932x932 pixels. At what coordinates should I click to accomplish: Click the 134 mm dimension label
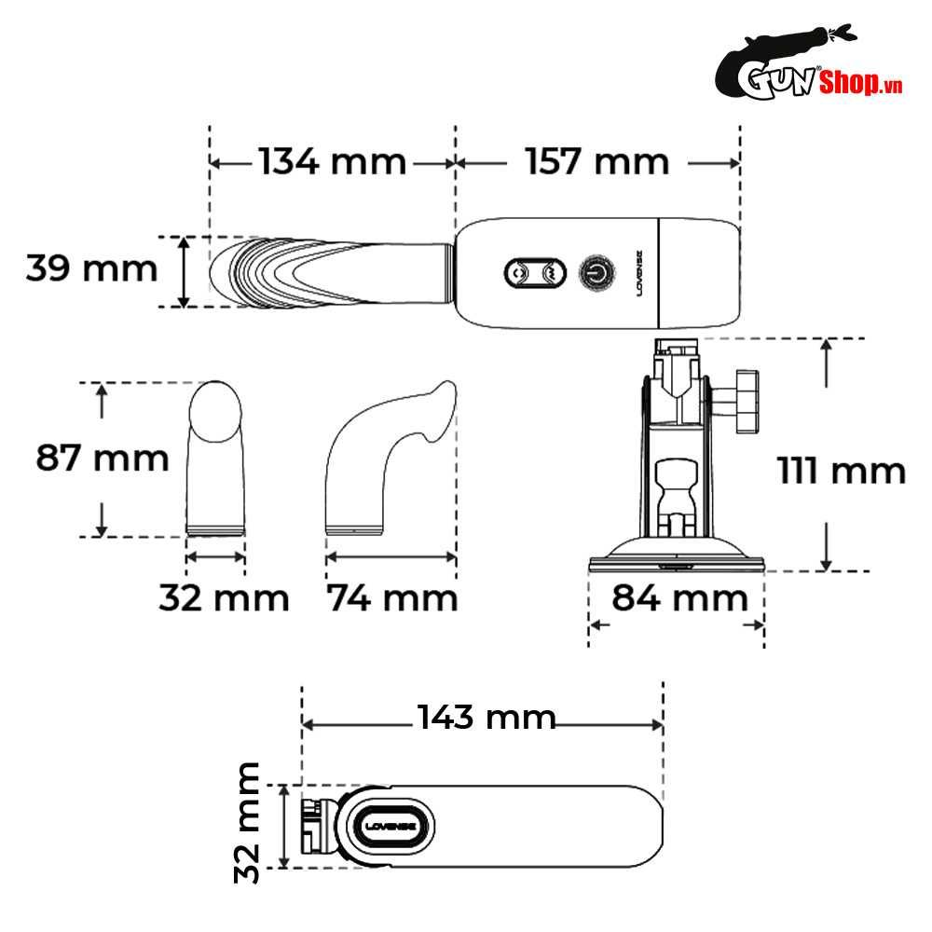(x=333, y=161)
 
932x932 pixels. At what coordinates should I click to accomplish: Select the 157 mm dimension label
(x=596, y=161)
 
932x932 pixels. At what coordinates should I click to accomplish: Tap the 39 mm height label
(x=91, y=268)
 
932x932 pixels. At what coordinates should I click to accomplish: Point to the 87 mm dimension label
(x=103, y=458)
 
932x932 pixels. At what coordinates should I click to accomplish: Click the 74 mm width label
(x=392, y=598)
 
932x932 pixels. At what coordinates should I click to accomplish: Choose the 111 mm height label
(x=841, y=471)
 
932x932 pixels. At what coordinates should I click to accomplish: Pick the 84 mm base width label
(x=680, y=597)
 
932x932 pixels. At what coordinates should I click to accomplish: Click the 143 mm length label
(x=487, y=717)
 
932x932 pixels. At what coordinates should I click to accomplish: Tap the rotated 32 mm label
(x=247, y=823)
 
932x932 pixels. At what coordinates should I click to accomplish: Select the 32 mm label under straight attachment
(x=224, y=598)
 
